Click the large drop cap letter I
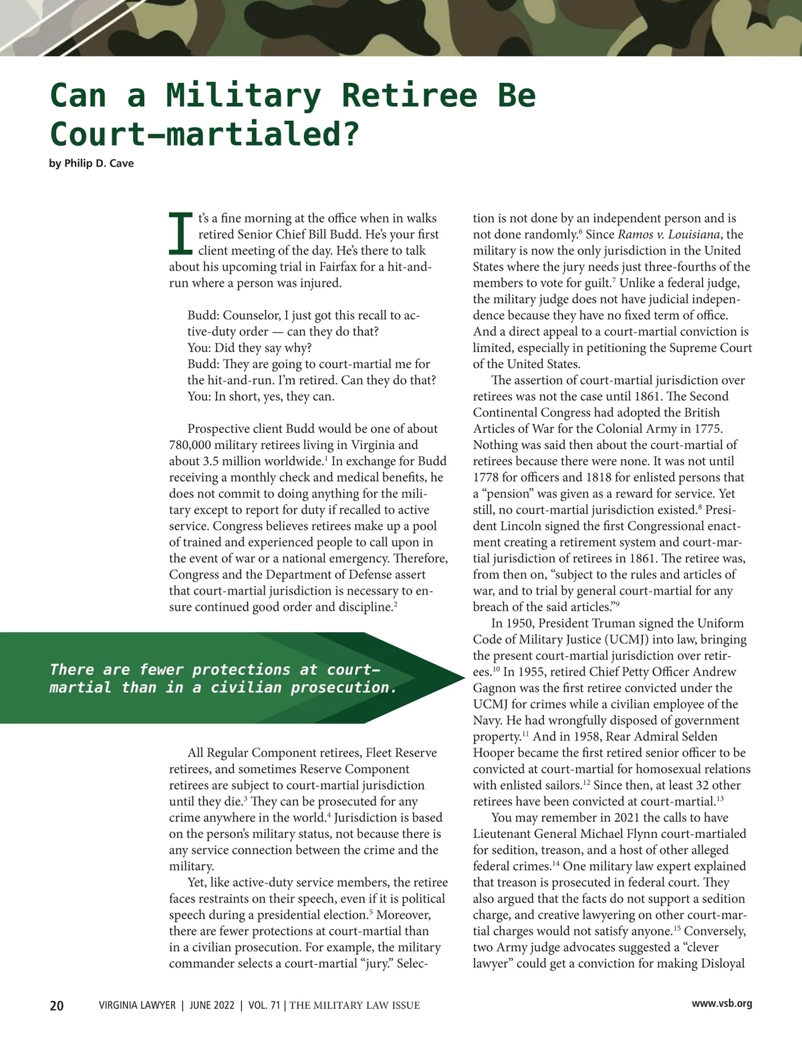(x=180, y=234)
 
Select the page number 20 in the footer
(x=57, y=1006)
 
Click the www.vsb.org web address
(x=722, y=1004)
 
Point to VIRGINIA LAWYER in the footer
(x=137, y=1006)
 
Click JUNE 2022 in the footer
(x=211, y=1006)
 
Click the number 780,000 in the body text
(x=192, y=445)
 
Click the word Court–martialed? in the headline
(x=204, y=134)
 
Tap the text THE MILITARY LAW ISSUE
(x=355, y=1006)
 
